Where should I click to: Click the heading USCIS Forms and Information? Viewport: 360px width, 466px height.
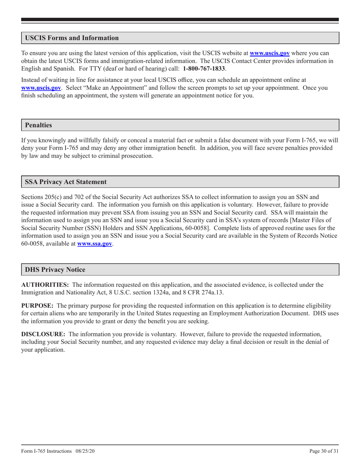(x=72, y=38)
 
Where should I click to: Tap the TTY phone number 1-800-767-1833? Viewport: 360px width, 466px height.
(x=204, y=69)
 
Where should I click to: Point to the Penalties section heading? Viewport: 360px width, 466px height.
(x=38, y=125)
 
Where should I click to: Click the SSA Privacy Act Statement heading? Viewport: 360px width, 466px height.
(x=66, y=182)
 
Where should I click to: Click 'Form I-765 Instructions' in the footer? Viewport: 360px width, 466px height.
(x=46, y=451)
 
